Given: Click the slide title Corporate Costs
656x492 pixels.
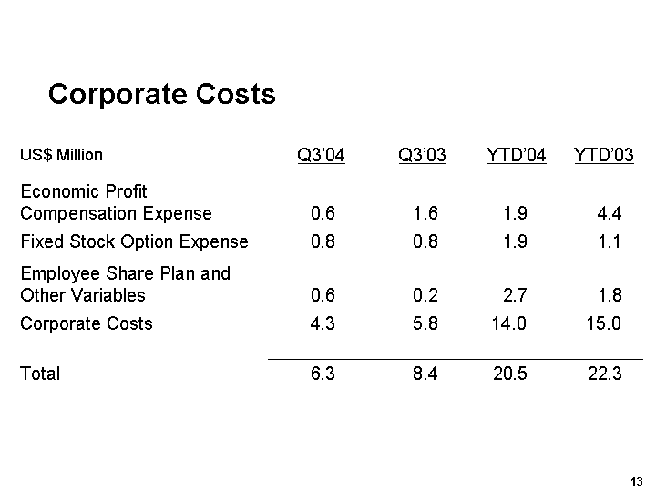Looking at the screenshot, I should pos(161,94).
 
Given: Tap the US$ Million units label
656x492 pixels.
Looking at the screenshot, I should pos(61,155).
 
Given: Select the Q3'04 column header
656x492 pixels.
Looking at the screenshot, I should pos(322,155).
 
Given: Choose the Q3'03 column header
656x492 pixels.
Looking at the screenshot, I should pos(423,155).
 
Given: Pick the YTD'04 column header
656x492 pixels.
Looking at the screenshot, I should pos(517,155).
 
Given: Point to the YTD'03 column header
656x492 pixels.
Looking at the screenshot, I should pos(604,155).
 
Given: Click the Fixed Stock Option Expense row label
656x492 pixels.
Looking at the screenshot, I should pos(134,241).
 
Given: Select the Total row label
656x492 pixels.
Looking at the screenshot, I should pos(40,374).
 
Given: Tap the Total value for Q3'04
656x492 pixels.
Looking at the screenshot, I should pos(323,374).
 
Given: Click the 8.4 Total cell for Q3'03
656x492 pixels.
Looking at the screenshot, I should pos(425,374).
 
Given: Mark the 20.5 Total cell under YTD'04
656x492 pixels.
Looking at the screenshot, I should pos(508,374).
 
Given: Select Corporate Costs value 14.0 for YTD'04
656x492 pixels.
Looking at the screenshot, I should pos(508,323).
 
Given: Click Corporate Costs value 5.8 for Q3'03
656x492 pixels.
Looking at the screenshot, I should pos(425,323).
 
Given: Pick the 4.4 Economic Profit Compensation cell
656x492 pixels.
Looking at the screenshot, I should pos(609,214).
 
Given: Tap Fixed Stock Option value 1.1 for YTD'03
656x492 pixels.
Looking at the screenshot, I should pos(609,241).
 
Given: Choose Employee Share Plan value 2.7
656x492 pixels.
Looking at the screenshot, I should pos(515,295).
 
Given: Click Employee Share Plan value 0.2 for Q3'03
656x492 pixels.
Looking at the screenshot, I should pos(425,295).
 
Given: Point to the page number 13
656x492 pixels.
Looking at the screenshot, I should pos(636,481).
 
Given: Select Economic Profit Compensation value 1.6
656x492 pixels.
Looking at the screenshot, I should pos(425,214).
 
